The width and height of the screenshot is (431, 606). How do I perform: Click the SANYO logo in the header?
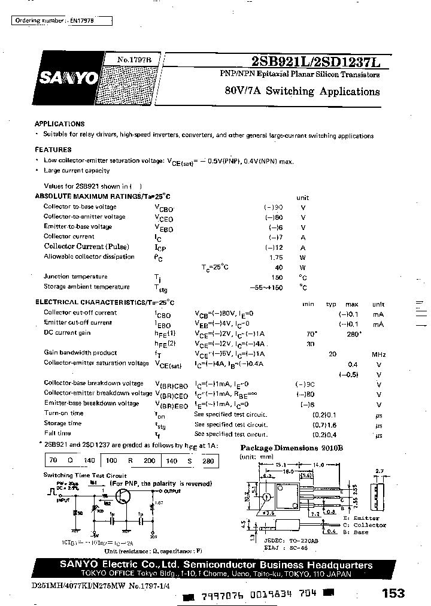click(x=68, y=78)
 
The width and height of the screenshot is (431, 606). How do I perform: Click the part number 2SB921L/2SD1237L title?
click(x=320, y=62)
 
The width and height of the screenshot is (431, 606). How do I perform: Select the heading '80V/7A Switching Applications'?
click(x=302, y=92)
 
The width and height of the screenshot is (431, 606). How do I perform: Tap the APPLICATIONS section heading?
click(x=59, y=123)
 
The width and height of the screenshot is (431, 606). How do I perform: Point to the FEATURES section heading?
click(x=53, y=150)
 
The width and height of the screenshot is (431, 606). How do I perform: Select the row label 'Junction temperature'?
click(x=75, y=277)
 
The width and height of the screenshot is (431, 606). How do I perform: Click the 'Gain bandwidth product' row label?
click(x=80, y=353)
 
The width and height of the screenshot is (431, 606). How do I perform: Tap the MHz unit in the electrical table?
click(x=379, y=353)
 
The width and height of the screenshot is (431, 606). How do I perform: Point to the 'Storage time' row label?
click(x=63, y=423)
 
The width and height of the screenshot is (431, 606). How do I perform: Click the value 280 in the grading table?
click(x=208, y=461)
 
